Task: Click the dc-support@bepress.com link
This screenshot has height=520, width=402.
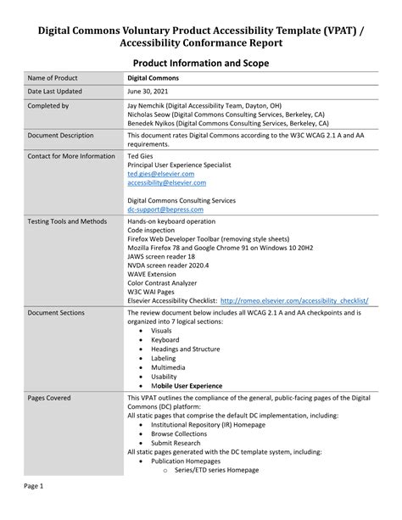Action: [165, 209]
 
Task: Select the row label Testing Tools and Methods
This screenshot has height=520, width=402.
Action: [67, 221]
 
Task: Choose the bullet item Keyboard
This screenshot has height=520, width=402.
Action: [165, 339]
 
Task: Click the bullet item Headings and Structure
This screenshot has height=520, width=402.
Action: [185, 349]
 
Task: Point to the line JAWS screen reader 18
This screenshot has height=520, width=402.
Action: [161, 255]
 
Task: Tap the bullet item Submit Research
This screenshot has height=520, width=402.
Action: [176, 443]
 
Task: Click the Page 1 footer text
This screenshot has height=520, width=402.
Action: [34, 486]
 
